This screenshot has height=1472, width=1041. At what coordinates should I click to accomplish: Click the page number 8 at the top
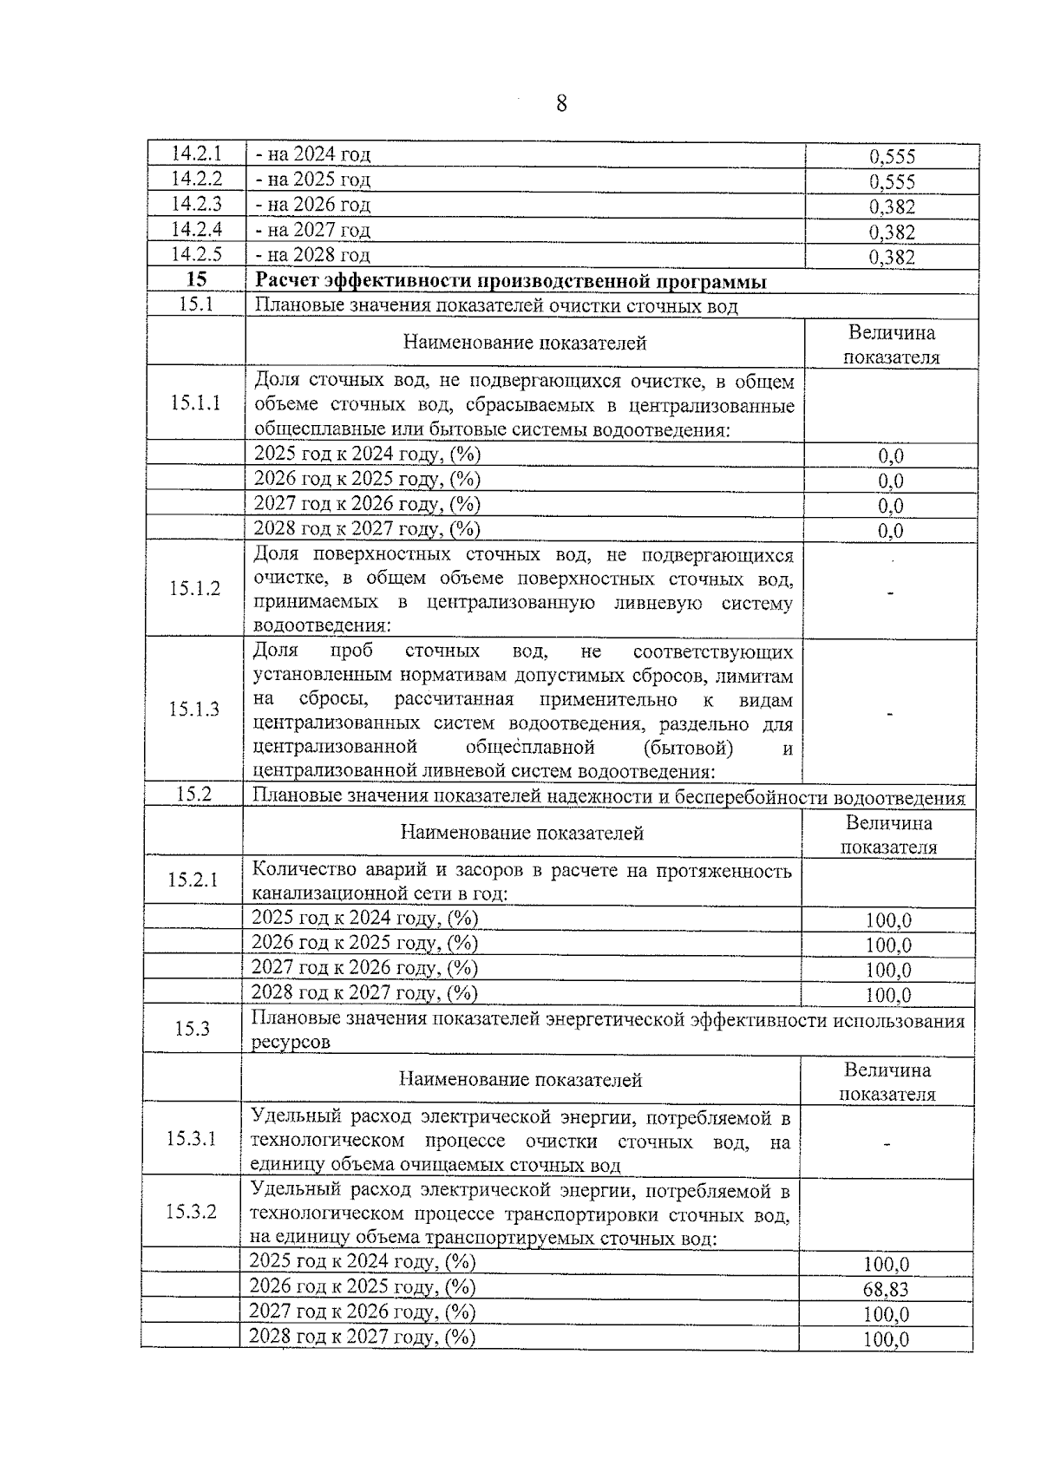tap(560, 104)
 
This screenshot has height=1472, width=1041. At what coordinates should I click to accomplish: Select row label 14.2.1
tap(196, 154)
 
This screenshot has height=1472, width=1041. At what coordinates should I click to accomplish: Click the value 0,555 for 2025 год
tap(892, 182)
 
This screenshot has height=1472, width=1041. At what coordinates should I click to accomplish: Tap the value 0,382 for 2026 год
tap(892, 207)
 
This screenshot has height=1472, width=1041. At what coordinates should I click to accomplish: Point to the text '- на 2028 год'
tap(312, 255)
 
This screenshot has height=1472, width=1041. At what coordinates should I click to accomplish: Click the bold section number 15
tap(197, 279)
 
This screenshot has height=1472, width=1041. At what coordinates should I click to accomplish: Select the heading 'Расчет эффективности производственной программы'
tap(510, 281)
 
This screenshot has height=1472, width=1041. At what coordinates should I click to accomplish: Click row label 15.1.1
tap(195, 402)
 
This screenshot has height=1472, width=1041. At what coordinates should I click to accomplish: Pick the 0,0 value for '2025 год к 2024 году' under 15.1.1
tap(890, 456)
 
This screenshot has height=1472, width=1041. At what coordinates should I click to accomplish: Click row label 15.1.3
tap(194, 710)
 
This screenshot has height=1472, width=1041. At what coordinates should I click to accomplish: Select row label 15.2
tap(194, 794)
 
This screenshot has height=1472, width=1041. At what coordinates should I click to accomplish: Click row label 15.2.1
tap(193, 880)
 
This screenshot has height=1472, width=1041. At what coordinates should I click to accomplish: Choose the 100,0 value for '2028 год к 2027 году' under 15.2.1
tap(888, 995)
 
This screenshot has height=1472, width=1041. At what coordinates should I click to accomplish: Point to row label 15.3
tap(193, 1029)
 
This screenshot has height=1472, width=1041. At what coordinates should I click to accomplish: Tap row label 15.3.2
tap(191, 1212)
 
